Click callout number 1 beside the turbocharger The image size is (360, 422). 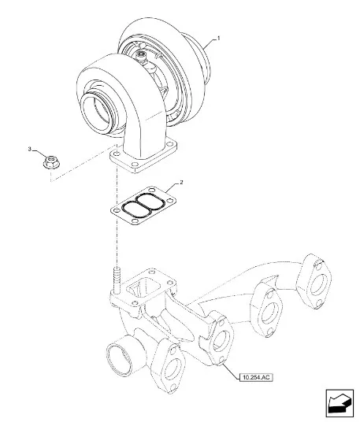click(x=219, y=39)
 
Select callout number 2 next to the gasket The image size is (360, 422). click(x=181, y=182)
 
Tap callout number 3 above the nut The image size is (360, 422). click(x=30, y=149)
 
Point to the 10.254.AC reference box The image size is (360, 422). click(x=256, y=377)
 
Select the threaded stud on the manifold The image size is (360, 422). click(x=117, y=280)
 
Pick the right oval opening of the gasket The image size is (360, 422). click(x=150, y=201)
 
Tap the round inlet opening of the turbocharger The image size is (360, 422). click(x=96, y=113)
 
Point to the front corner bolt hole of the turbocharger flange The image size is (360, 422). click(x=135, y=165)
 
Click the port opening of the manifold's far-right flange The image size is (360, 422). click(x=317, y=284)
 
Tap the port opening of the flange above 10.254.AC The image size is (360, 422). click(x=222, y=341)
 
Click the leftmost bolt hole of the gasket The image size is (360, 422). click(x=116, y=210)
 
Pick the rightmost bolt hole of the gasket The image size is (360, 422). click(x=169, y=201)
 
